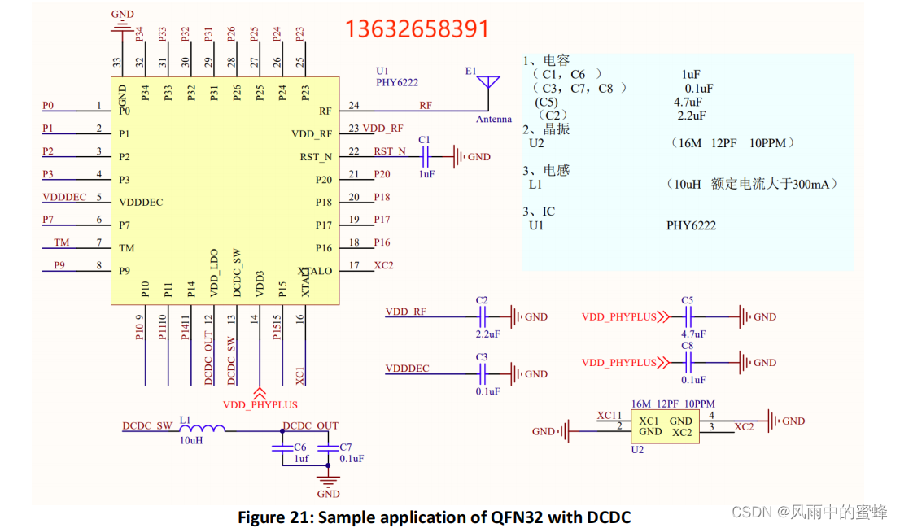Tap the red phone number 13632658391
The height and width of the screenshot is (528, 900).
click(417, 29)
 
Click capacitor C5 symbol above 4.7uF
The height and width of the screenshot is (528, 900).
click(688, 316)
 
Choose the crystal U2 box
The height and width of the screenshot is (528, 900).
click(665, 427)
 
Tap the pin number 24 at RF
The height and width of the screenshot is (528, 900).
click(354, 106)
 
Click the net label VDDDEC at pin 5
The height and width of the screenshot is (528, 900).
click(64, 197)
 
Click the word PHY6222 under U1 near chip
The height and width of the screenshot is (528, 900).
click(397, 82)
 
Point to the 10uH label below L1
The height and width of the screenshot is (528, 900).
click(190, 440)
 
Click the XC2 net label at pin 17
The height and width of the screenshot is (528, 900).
click(383, 265)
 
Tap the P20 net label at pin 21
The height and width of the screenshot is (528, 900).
click(382, 174)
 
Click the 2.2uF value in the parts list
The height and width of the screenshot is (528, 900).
click(690, 116)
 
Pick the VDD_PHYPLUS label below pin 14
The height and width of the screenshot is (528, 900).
click(260, 404)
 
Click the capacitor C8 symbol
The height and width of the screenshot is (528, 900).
click(688, 362)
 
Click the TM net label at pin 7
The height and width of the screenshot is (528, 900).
click(62, 242)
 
